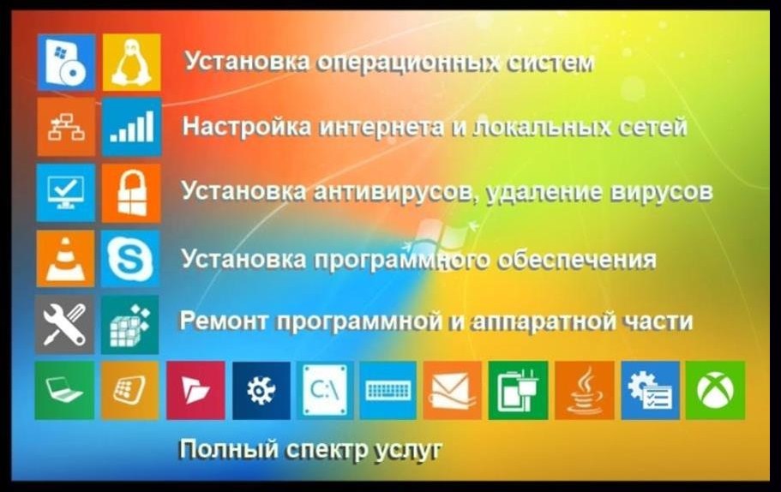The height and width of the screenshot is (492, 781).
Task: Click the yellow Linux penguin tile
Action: pos(131,63)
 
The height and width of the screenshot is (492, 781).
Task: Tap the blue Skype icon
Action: pos(130,259)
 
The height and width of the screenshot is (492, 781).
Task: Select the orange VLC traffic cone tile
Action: pos(65,259)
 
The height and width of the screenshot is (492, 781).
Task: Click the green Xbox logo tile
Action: pos(715,390)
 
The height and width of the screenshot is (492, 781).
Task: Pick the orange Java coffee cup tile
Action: pos(585,390)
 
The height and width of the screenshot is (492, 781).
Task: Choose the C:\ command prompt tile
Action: pos(325,390)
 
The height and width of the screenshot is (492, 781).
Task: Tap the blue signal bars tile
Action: pos(131,127)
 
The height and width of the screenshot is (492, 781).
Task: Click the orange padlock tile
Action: pos(131,193)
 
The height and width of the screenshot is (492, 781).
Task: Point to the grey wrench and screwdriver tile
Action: pos(65,325)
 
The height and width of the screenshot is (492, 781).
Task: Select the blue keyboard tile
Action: pos(388,390)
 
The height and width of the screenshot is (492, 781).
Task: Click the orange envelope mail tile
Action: pos(453,390)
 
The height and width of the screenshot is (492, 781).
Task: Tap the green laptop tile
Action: pos(65,390)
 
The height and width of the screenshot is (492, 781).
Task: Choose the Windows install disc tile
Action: pos(66,63)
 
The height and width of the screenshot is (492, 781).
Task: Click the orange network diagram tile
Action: pos(66,127)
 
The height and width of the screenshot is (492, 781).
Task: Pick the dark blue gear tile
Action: pos(261,390)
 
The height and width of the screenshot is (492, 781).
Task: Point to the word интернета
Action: pos(381,127)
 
